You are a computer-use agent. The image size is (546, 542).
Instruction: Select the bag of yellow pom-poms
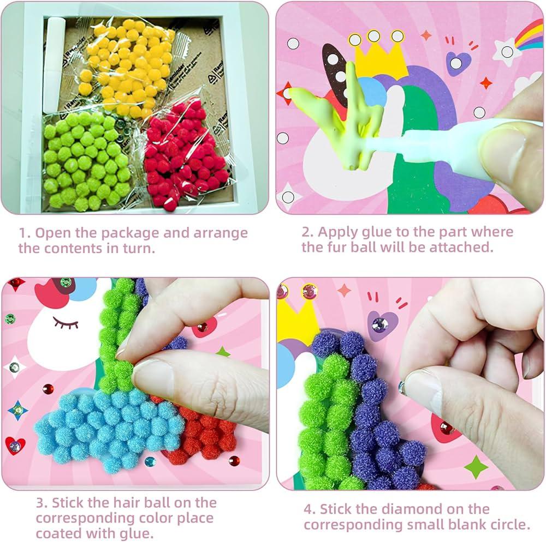coord(127,66)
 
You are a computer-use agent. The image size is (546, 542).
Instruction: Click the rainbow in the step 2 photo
coord(529,35)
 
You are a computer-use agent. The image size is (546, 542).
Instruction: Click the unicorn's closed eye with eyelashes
coord(66,323)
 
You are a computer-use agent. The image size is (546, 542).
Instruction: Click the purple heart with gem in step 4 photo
coord(382,325)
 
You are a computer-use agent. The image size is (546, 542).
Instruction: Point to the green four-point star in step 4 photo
coord(476,466)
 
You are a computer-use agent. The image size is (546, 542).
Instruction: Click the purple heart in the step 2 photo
coord(458,63)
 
